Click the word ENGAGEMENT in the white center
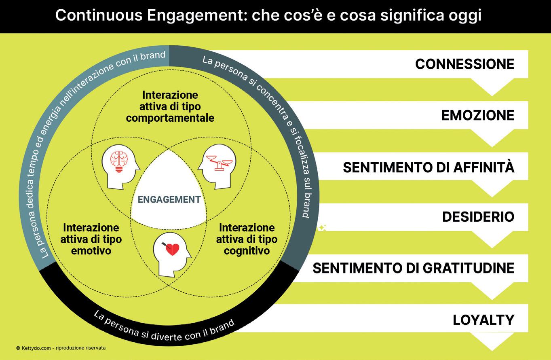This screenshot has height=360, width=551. click(x=169, y=199)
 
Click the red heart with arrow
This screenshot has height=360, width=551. click(x=171, y=249)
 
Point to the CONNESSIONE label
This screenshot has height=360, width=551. click(x=464, y=64)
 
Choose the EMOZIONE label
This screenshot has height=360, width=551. click(x=478, y=115)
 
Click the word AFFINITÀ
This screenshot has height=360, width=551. click(x=483, y=167)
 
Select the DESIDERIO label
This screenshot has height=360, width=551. click(x=478, y=217)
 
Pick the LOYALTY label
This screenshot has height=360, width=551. click(x=483, y=320)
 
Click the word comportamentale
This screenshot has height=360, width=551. click(x=170, y=118)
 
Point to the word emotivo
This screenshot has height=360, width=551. click(x=91, y=251)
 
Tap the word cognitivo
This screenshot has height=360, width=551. click(x=247, y=251)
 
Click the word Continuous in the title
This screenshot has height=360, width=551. click(x=99, y=15)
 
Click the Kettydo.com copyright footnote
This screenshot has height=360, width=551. click(x=61, y=348)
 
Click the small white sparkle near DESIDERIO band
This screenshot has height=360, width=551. click(x=322, y=228)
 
